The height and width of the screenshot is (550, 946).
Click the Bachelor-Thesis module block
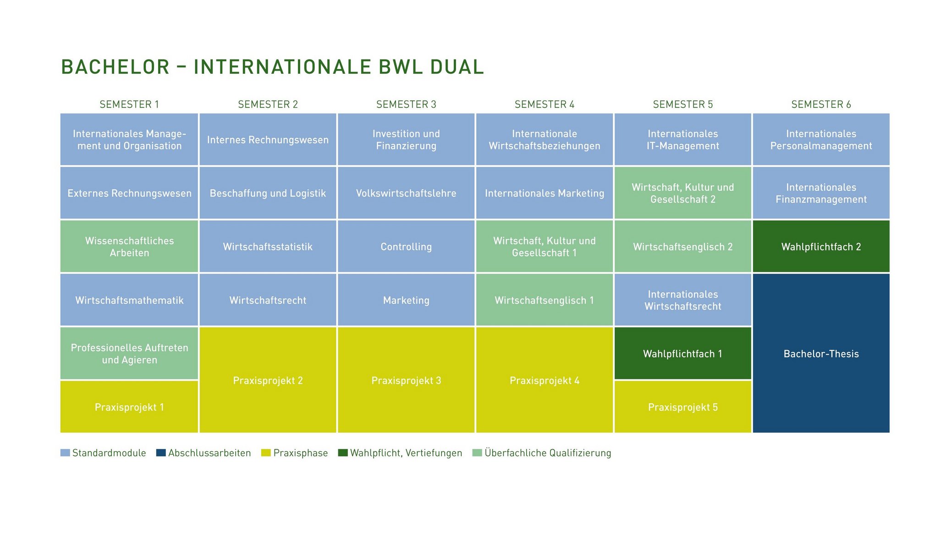click(821, 353)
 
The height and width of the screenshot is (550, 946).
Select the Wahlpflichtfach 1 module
click(682, 353)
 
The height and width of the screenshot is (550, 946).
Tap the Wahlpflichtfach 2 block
click(821, 247)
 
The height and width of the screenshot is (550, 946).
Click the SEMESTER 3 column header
click(406, 104)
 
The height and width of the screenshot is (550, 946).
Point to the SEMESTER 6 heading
click(821, 104)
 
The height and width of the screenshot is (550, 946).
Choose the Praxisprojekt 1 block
click(129, 407)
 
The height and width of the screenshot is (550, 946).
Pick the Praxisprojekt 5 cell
click(682, 407)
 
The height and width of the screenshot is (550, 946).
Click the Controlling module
click(406, 247)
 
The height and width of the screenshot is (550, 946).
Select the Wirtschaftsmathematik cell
click(129, 300)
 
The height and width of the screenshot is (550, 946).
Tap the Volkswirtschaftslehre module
click(406, 193)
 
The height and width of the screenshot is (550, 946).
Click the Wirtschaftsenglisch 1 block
click(544, 300)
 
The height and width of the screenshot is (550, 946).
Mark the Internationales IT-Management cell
click(682, 139)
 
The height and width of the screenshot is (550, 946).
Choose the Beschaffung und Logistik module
click(268, 193)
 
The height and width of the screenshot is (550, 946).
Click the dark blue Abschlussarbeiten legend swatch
click(160, 453)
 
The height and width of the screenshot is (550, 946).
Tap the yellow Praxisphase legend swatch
click(266, 453)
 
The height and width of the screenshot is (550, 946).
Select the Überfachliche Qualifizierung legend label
click(548, 453)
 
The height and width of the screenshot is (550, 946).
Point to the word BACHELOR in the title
click(115, 67)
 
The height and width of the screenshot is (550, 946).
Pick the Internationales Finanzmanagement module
click(821, 193)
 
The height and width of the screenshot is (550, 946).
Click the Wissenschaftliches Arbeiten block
click(129, 247)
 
